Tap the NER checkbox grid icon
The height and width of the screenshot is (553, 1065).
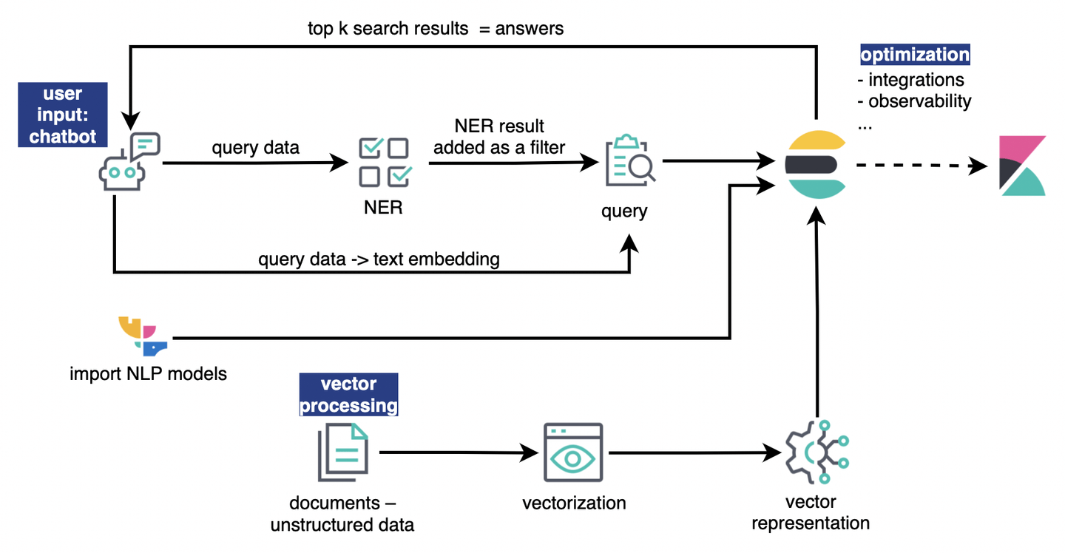(383, 161)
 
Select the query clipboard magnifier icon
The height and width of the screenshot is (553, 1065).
(630, 160)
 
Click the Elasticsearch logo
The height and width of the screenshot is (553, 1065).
(815, 165)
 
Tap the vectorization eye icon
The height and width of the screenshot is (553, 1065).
(572, 454)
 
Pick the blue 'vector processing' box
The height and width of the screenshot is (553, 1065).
(348, 395)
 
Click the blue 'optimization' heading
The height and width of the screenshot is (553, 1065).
(915, 55)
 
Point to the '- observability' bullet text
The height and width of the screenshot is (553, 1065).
(913, 101)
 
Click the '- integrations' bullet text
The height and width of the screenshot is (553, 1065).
(910, 79)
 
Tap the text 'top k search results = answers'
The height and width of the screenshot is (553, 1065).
(436, 29)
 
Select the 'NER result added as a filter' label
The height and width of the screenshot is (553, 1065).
(499, 137)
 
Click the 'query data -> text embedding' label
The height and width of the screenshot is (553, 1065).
(379, 259)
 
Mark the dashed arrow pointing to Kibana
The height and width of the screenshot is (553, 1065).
(922, 166)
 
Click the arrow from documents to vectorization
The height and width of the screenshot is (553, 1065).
(459, 452)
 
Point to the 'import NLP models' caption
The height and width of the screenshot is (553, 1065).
(148, 373)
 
